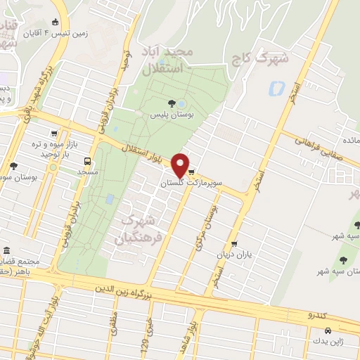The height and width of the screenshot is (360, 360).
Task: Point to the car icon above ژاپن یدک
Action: click(328, 330)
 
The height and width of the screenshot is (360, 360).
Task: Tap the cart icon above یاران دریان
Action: click(243, 243)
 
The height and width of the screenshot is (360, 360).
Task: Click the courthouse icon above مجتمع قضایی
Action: click(6, 251)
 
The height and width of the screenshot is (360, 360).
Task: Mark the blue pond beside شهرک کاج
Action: click(274, 89)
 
